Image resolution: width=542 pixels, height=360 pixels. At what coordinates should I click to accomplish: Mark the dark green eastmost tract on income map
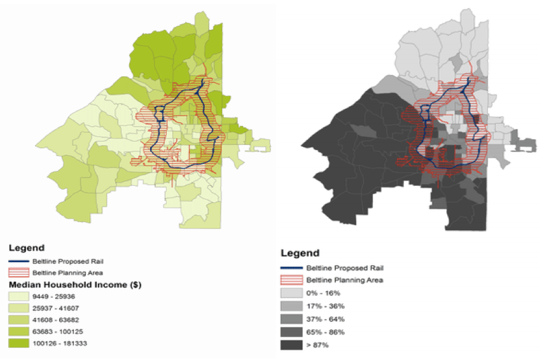240,129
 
